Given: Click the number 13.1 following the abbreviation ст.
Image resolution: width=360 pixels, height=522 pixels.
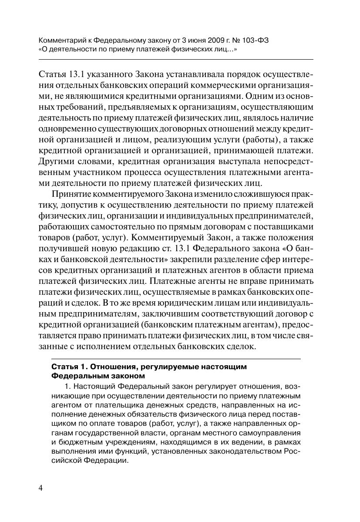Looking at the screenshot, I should [182, 250].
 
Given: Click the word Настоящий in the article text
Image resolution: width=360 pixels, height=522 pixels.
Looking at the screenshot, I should [93, 386].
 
